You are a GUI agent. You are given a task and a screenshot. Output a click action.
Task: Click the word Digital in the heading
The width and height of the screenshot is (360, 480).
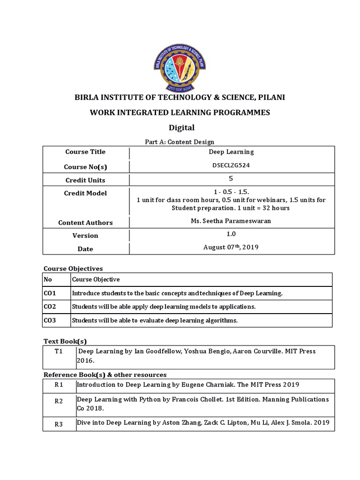[x=181, y=127]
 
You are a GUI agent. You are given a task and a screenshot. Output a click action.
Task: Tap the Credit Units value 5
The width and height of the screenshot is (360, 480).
[x=231, y=179]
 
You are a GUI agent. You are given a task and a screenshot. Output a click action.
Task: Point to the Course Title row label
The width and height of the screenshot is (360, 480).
[x=85, y=152]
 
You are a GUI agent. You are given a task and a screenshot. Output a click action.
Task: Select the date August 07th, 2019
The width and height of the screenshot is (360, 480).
[x=231, y=247]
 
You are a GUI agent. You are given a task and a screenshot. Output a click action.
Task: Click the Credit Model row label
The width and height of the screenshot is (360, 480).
[x=85, y=193]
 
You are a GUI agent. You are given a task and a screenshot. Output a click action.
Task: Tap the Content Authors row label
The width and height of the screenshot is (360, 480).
[x=85, y=223]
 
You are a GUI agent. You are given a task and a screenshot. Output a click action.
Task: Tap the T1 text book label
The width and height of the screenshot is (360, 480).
[x=60, y=351]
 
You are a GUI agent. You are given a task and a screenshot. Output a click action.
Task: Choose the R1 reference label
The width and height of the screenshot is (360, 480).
[x=59, y=385]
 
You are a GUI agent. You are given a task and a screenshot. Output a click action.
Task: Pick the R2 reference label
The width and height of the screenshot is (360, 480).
[x=59, y=401]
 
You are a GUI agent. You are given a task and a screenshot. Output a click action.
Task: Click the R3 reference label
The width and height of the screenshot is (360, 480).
[x=59, y=425]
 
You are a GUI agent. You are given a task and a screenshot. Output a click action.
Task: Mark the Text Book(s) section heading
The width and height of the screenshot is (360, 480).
[x=65, y=341]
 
